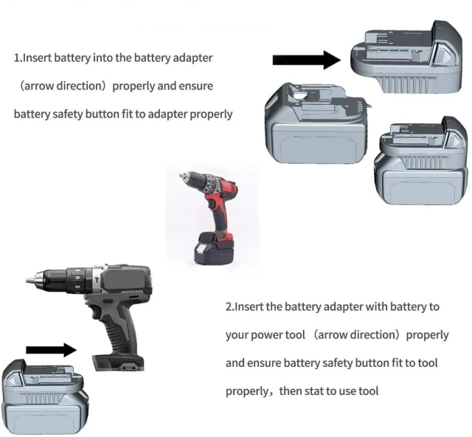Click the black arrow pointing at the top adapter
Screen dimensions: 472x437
tap(307, 60)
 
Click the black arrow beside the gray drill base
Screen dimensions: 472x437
tap(52, 350)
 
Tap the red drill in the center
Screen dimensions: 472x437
tap(213, 218)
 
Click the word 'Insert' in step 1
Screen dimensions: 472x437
tap(37, 58)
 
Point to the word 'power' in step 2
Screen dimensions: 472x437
tap(265, 335)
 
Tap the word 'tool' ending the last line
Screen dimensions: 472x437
tap(369, 391)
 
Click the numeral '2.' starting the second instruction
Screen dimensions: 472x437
tap(229, 307)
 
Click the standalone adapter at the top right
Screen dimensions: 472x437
tap(406, 57)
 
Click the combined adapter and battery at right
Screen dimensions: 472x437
tap(421, 161)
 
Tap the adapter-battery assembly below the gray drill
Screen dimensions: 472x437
tap(45, 397)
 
